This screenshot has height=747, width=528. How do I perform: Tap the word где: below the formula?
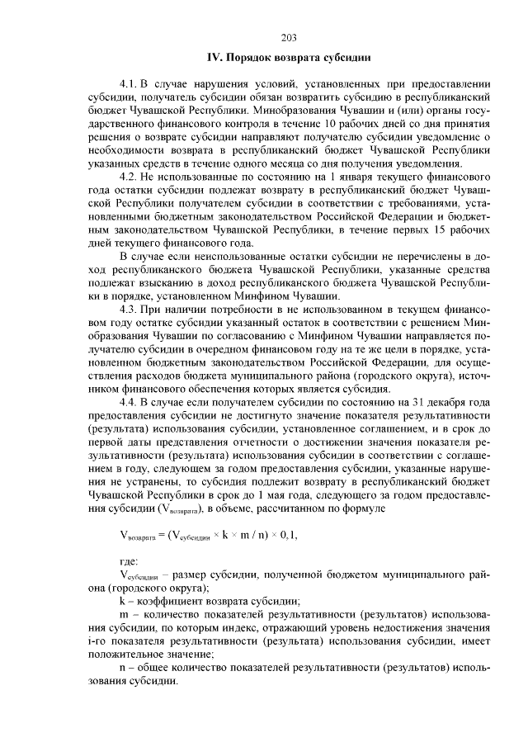click(130, 561)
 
